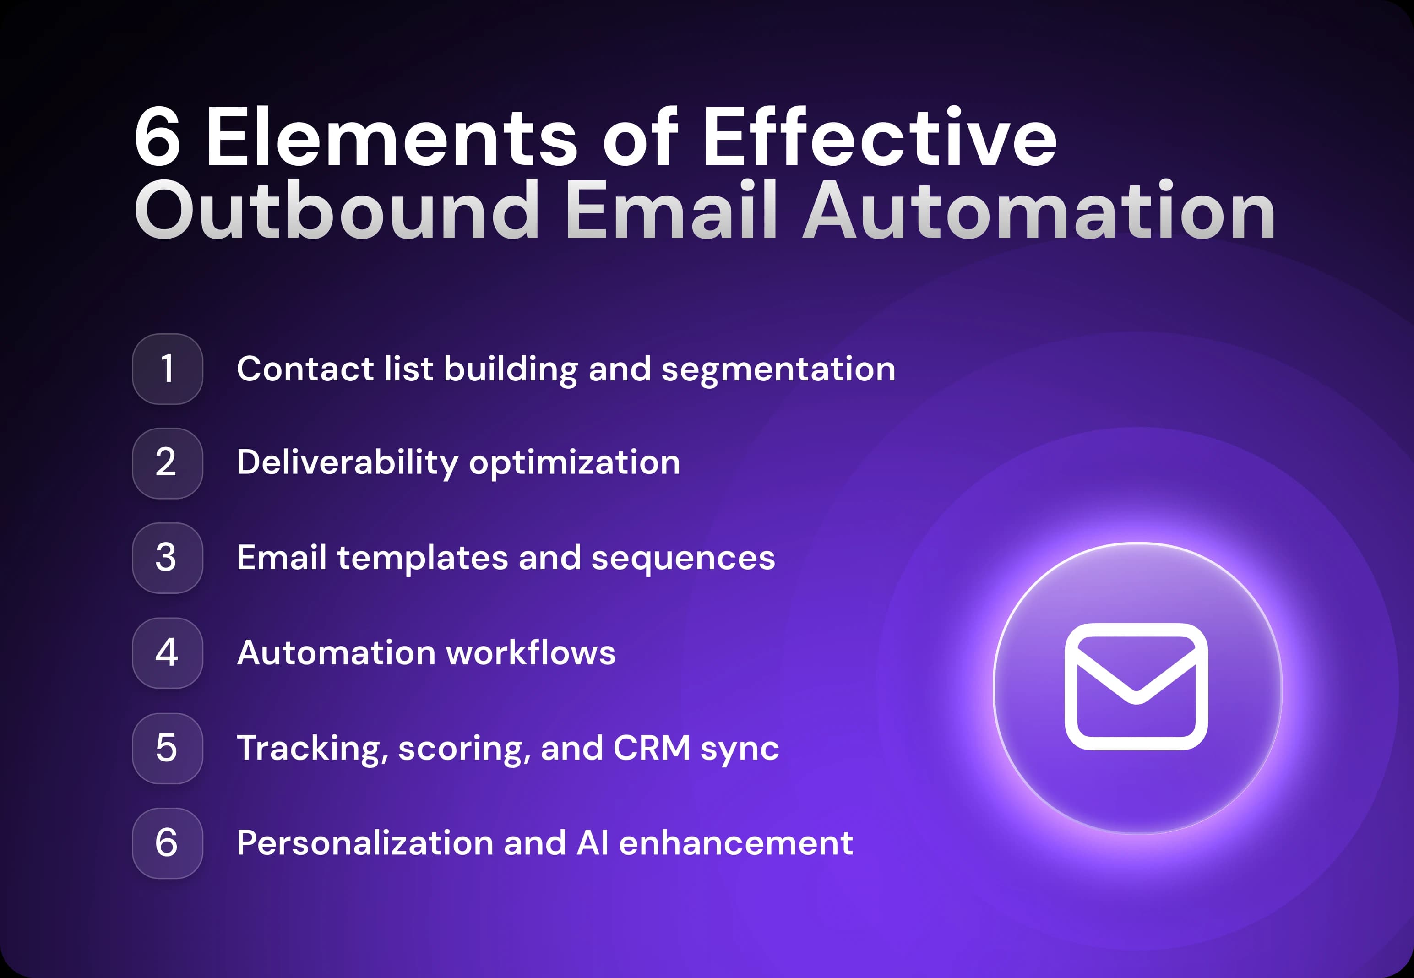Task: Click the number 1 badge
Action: pos(167,369)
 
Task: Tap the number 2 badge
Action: pos(167,463)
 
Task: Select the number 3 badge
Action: pos(167,558)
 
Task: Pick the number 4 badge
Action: pos(167,652)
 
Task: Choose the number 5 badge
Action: pos(167,748)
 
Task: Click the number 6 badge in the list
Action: pos(167,843)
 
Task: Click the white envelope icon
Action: pos(1136,686)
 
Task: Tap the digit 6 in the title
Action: pos(158,137)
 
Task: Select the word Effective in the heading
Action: pos(880,137)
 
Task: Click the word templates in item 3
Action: pos(422,558)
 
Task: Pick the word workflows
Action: pos(531,652)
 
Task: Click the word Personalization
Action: pos(364,843)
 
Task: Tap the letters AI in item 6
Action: pos(593,843)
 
